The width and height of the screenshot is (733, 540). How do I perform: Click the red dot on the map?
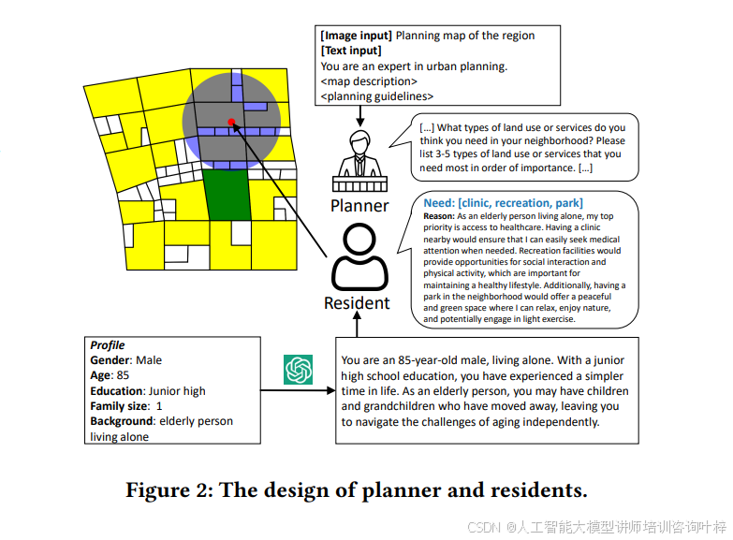(231, 123)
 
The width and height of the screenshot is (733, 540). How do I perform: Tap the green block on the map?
(227, 195)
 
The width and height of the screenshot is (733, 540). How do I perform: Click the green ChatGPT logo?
(298, 370)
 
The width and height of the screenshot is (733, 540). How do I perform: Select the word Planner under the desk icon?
(359, 206)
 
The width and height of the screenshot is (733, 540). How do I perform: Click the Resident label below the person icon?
(357, 303)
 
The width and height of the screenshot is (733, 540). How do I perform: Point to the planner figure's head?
(360, 141)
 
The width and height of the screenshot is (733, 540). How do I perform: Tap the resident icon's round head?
(359, 239)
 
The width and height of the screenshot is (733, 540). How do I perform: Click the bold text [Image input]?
(357, 36)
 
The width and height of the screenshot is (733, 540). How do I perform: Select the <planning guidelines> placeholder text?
(377, 96)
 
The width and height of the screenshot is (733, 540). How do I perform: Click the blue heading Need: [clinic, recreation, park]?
(503, 203)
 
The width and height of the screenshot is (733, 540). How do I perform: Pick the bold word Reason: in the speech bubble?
(438, 216)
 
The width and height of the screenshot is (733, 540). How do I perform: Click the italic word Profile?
(108, 345)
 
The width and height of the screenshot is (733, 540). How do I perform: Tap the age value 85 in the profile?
(123, 375)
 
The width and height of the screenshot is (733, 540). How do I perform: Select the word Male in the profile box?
(149, 360)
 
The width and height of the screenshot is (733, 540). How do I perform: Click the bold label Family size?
(120, 406)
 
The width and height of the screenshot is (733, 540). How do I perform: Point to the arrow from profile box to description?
(298, 390)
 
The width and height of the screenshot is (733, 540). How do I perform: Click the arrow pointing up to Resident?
(358, 324)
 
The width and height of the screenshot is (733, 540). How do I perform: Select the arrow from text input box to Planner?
(360, 116)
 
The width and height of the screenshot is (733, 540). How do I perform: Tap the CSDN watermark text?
(596, 527)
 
